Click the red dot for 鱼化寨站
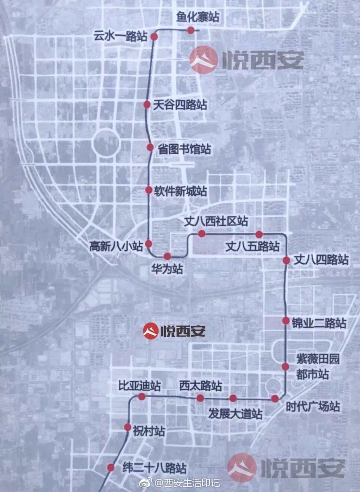(191, 30)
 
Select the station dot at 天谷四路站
(147, 105)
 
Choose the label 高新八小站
(116, 246)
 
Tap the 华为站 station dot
(167, 256)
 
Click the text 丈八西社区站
(216, 221)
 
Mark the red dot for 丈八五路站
(259, 234)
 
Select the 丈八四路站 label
(321, 259)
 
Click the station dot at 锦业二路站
(286, 321)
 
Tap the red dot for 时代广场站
(275, 398)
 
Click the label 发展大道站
(235, 414)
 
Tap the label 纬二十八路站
(154, 468)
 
